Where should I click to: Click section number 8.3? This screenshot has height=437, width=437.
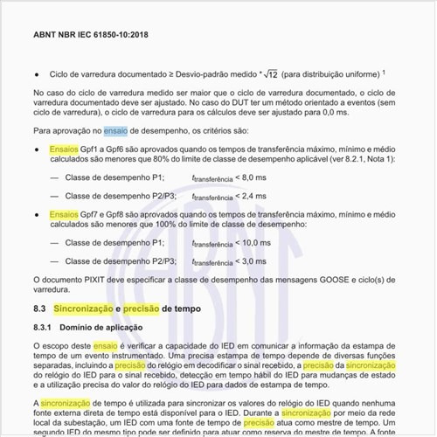[38, 309]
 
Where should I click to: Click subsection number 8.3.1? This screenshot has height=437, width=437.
[44, 327]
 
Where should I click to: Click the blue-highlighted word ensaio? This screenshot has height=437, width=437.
[115, 130]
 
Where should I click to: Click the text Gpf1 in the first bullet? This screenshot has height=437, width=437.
[91, 149]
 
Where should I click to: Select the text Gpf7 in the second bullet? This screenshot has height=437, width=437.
[91, 213]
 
